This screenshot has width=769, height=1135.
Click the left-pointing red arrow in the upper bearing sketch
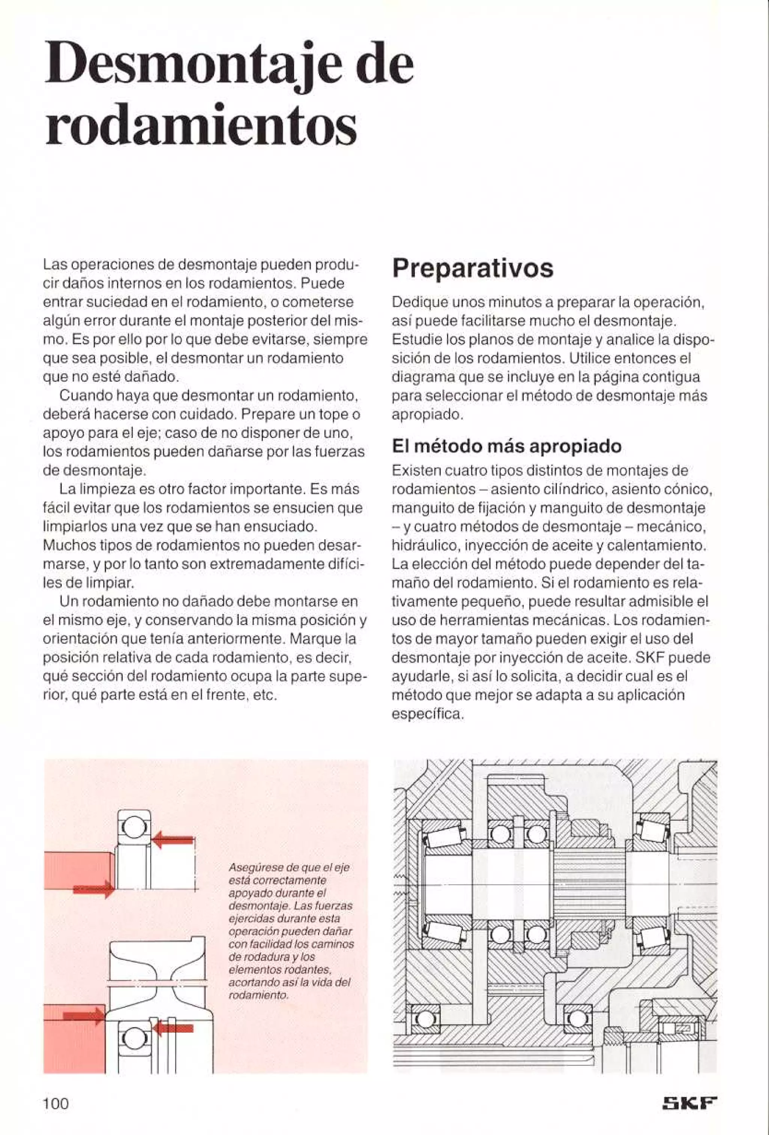173,840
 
